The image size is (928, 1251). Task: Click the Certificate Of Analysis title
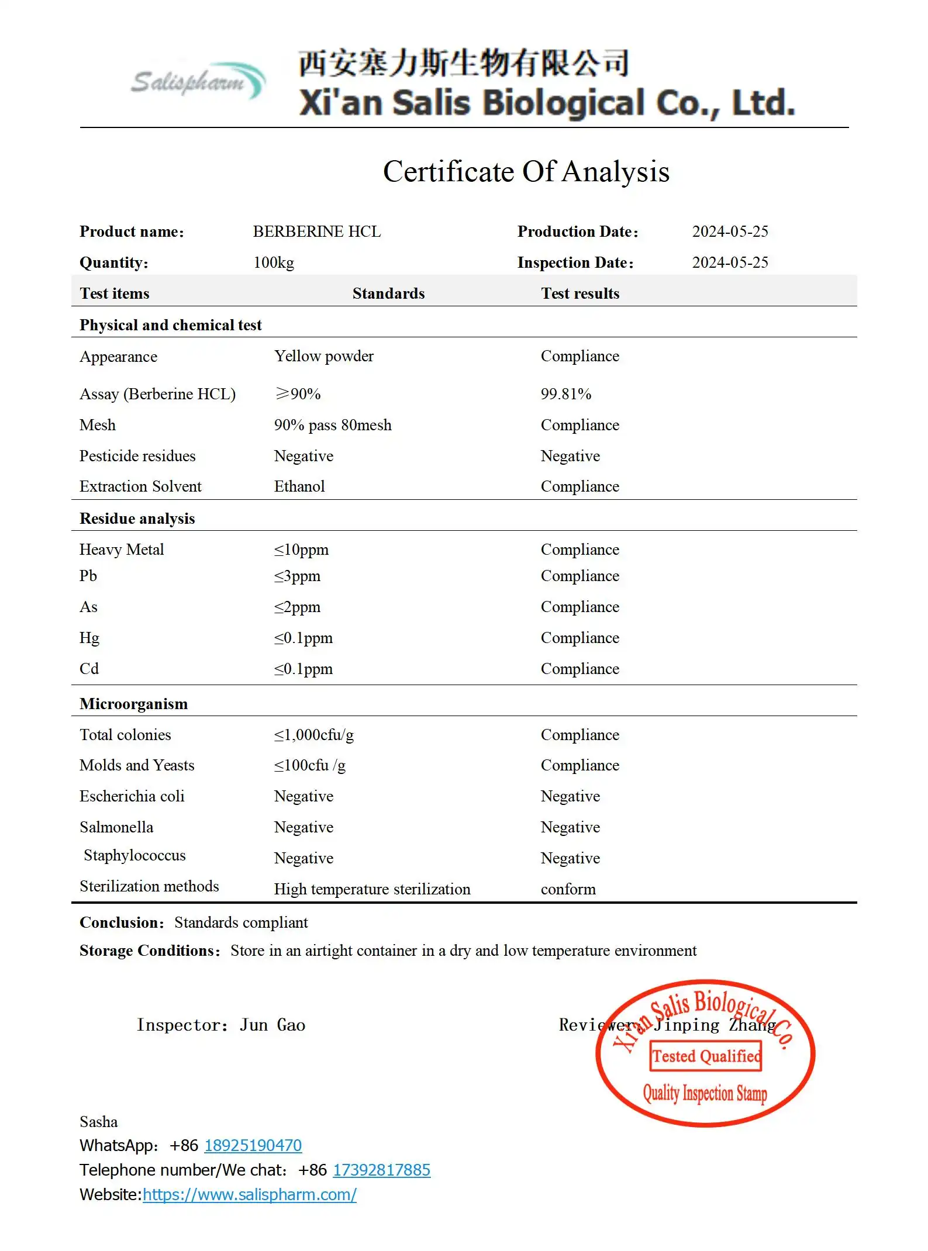coord(526,172)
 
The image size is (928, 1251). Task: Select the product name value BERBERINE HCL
coord(316,232)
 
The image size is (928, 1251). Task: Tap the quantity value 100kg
coord(274,263)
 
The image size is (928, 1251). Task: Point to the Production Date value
coord(730,232)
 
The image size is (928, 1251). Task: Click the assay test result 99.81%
coord(565,394)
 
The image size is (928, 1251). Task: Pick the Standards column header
coord(388,293)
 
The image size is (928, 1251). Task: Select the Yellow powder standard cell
coord(323,357)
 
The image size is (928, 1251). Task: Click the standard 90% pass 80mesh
coord(333,426)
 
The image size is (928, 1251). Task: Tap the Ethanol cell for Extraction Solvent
coord(299,487)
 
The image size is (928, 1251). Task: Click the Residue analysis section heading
coord(137,519)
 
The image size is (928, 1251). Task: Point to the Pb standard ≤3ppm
coord(297,576)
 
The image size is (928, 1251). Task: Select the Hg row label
coord(89,638)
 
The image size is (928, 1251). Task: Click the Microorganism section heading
coord(133,704)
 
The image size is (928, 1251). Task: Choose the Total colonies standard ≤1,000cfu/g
coord(313,735)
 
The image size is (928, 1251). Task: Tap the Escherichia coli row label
coord(132,797)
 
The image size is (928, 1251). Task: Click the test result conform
coord(568,890)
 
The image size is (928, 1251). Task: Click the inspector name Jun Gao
coord(272,1025)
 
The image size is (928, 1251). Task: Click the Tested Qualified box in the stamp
coord(706,1056)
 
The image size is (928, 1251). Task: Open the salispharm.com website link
coord(249,1195)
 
